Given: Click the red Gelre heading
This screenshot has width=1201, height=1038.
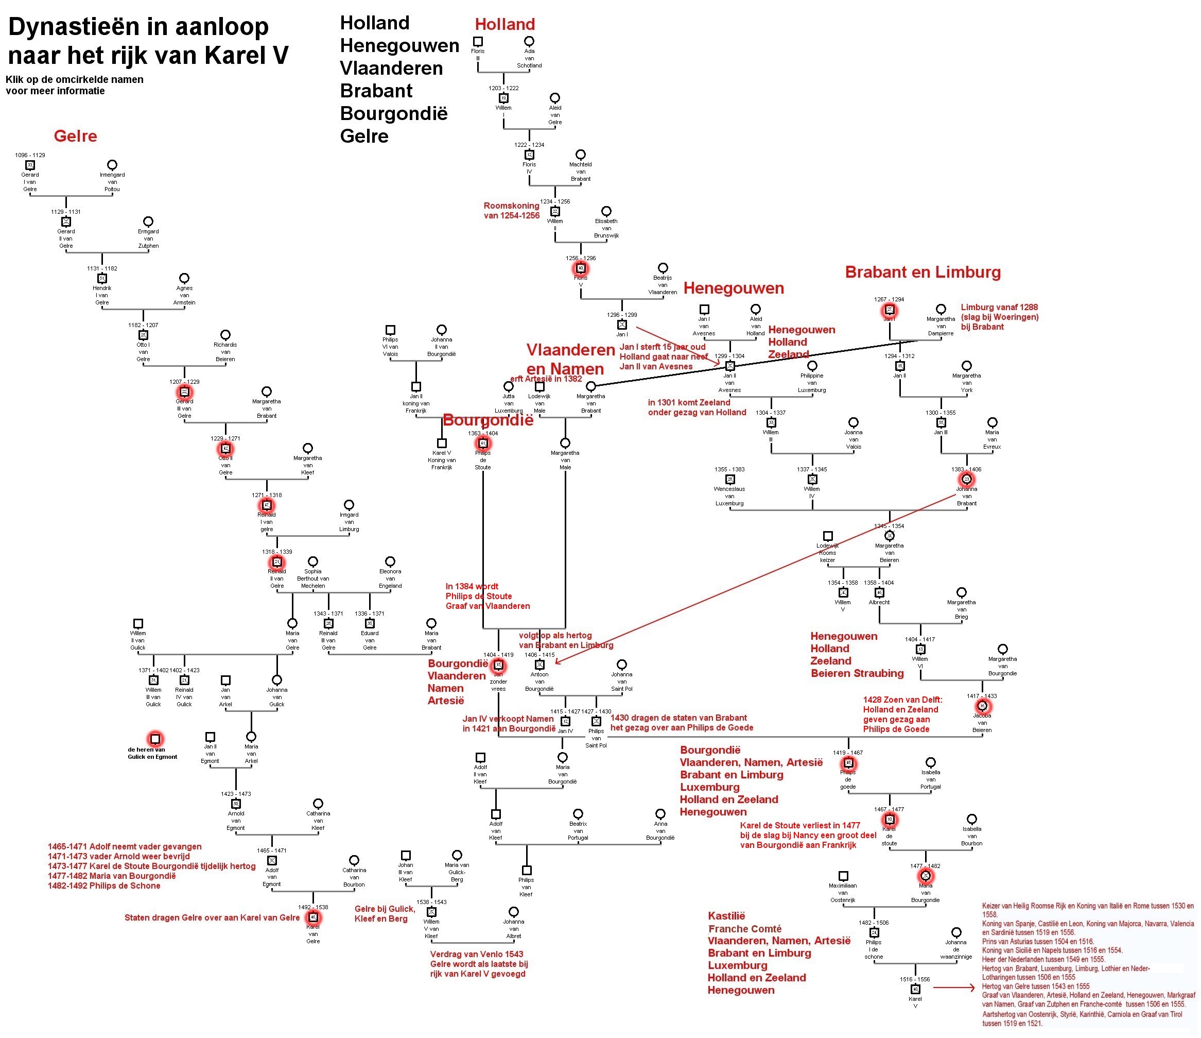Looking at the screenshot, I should [75, 137].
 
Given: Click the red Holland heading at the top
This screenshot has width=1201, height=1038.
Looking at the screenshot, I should [504, 24].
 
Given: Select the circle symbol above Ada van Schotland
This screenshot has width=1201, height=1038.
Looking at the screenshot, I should [529, 41].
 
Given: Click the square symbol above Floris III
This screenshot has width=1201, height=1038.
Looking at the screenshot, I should [478, 41].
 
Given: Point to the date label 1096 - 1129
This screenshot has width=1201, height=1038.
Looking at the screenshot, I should [30, 156].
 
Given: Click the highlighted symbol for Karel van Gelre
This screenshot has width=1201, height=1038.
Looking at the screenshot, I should [314, 917].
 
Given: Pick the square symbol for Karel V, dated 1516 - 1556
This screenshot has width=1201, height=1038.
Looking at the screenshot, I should [915, 989].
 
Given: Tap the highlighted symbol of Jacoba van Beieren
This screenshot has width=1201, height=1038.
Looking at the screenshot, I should [982, 706].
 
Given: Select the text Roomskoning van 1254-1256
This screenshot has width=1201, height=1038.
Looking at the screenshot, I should [511, 211].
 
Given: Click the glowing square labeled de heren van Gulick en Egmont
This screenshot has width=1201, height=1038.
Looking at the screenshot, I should [155, 739].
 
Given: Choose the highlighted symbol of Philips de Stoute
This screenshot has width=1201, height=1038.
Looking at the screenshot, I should [483, 444].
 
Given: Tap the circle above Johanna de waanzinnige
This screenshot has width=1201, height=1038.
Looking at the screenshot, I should [956, 932].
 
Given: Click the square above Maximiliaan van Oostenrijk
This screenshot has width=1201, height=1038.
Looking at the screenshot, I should [843, 876].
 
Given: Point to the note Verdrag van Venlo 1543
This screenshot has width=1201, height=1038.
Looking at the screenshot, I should [477, 954].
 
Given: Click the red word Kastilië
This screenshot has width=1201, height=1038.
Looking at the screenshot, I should [726, 916].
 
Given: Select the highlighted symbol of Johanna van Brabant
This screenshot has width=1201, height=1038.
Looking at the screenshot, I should [966, 480].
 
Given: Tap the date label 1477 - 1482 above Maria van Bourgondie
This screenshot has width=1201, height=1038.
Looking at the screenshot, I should [925, 866].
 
